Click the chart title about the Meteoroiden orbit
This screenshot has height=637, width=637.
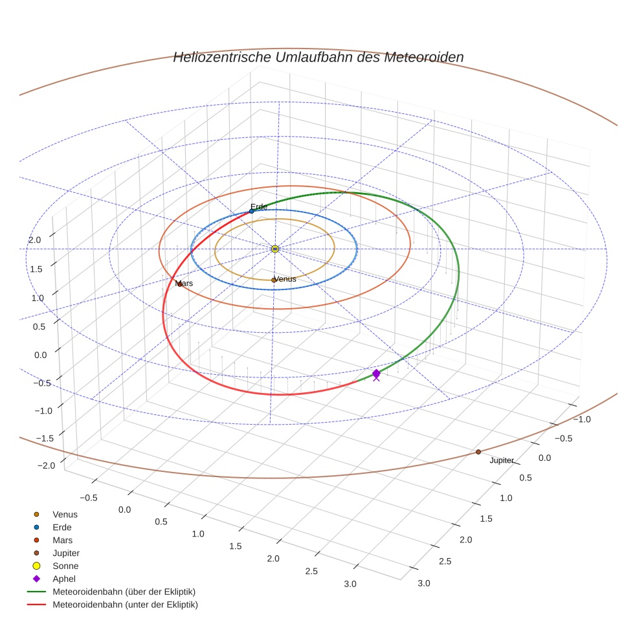(x=318, y=57)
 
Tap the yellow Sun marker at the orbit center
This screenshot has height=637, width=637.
(x=275, y=249)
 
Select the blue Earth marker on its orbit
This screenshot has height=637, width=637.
(x=252, y=211)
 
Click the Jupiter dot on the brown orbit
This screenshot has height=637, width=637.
(x=478, y=452)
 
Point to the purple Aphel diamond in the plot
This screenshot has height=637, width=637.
(x=376, y=373)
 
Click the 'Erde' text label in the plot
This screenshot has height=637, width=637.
(x=259, y=207)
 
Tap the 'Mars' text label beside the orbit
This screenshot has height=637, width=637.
(x=184, y=284)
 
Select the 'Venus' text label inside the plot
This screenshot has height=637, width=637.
(x=285, y=279)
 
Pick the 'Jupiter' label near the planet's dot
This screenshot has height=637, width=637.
(x=502, y=461)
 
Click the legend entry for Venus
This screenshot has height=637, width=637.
(x=65, y=514)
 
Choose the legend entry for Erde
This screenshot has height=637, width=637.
(x=62, y=527)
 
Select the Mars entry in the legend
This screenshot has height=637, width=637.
(x=62, y=540)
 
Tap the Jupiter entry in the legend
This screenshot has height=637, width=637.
(x=66, y=553)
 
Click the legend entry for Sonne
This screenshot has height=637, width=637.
(x=65, y=566)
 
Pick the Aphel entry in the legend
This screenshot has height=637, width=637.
(x=63, y=579)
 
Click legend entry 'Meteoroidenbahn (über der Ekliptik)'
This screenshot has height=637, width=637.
(x=124, y=592)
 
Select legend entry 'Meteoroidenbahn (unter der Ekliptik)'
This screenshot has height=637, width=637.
(x=125, y=605)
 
